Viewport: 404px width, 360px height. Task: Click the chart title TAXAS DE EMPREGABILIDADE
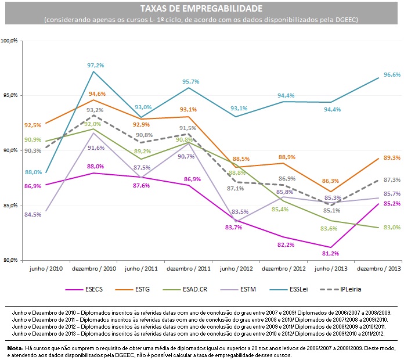pyautogui.click(x=201, y=9)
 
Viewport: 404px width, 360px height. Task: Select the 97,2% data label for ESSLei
pyautogui.click(x=95, y=66)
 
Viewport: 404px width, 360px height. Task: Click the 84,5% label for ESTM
pyautogui.click(x=32, y=214)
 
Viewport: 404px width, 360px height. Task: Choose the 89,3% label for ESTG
pyautogui.click(x=392, y=158)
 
